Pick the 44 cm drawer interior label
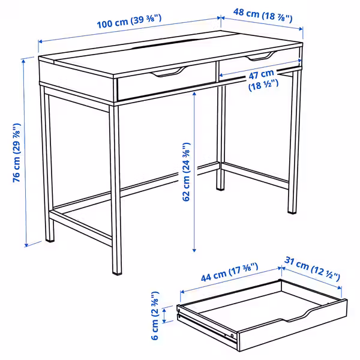click(x=229, y=272)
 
